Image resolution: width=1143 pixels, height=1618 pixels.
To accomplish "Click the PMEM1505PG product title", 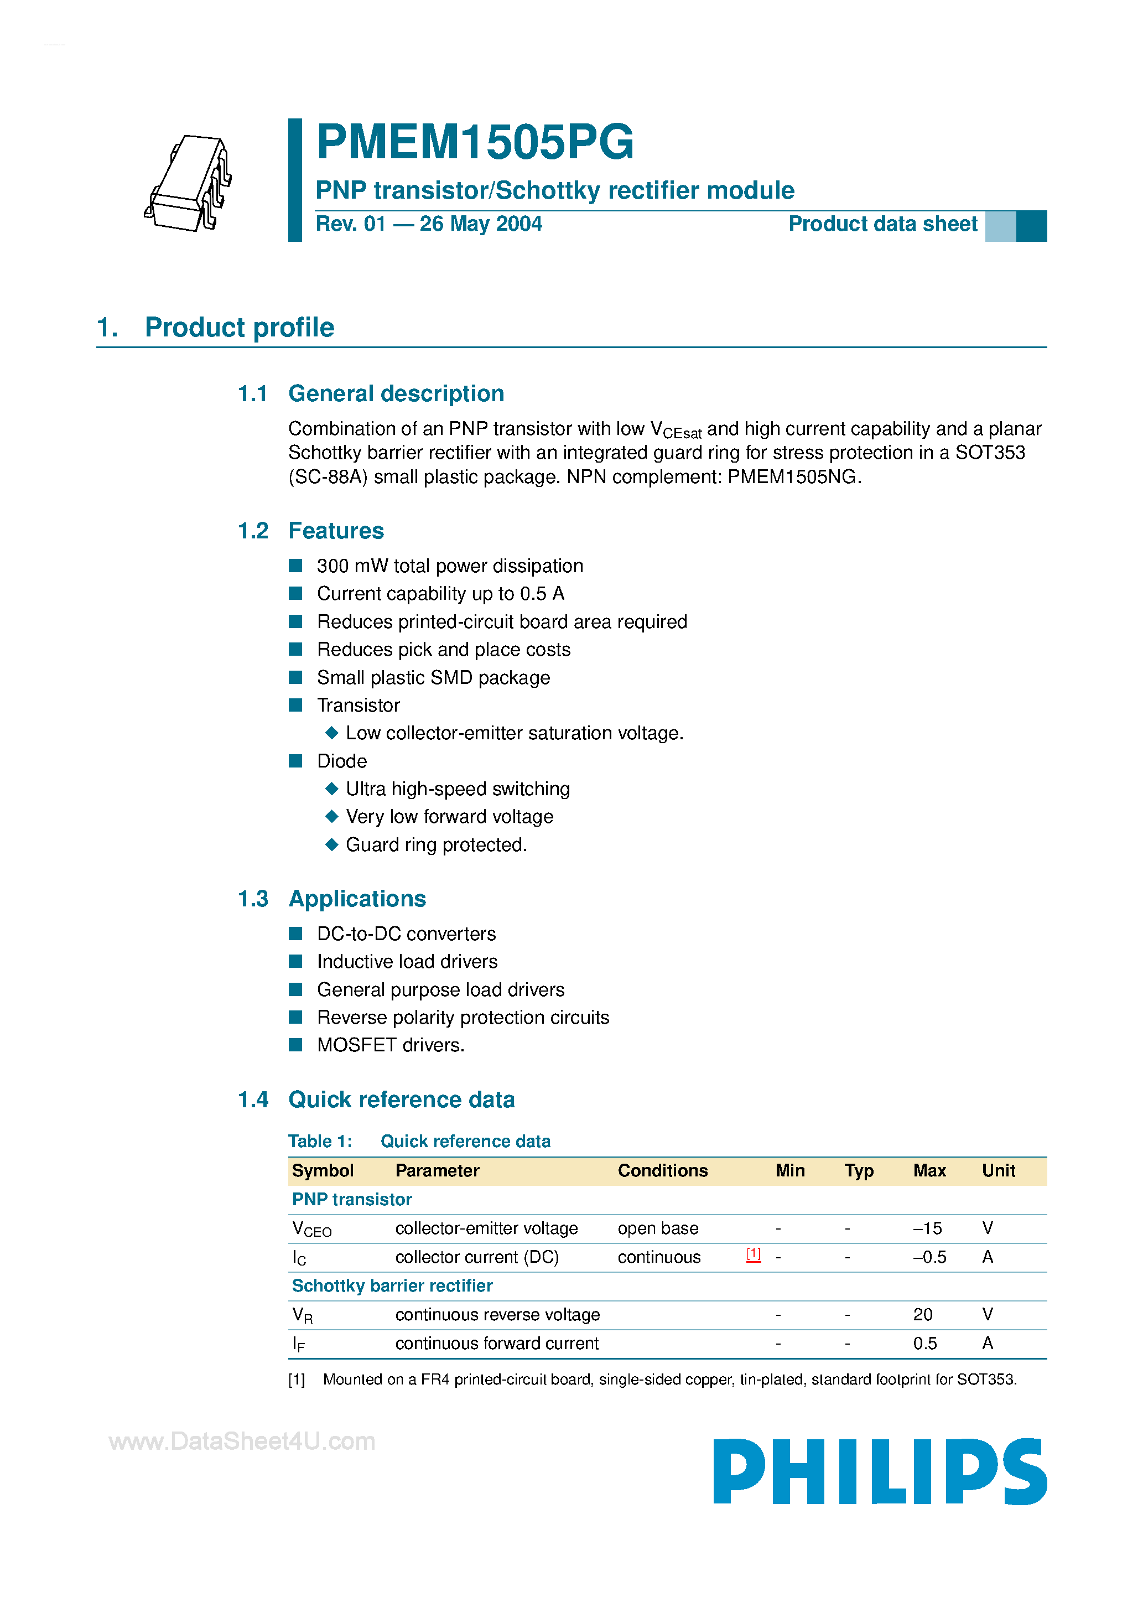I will point(475,142).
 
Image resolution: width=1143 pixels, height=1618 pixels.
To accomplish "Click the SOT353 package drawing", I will point(189,183).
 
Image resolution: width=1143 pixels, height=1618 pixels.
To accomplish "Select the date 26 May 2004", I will point(481,224).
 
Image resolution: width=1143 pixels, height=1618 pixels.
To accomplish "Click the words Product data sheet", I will point(882,224).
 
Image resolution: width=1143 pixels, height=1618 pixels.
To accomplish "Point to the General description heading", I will point(396,393).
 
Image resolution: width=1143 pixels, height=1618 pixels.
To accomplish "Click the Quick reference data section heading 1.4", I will point(401,1100).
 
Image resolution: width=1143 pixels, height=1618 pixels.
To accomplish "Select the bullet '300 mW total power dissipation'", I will point(450,566).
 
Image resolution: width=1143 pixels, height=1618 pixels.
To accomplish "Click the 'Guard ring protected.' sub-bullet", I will point(436,844).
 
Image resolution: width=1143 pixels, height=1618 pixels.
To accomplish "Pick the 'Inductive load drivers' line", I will point(407,961).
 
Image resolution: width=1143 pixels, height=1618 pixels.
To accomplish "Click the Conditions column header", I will point(662,1170).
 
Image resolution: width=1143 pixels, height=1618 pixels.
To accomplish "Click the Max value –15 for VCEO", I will point(927,1228).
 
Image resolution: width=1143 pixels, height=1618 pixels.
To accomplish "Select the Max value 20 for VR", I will point(922,1314).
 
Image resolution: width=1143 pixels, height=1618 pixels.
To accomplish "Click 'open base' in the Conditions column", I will point(657,1228).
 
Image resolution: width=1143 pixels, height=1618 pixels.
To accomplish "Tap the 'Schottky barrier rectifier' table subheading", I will point(392,1285).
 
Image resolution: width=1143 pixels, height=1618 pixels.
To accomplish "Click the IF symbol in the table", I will point(299,1344).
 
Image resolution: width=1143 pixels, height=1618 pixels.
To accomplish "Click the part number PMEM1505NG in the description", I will point(792,477).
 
